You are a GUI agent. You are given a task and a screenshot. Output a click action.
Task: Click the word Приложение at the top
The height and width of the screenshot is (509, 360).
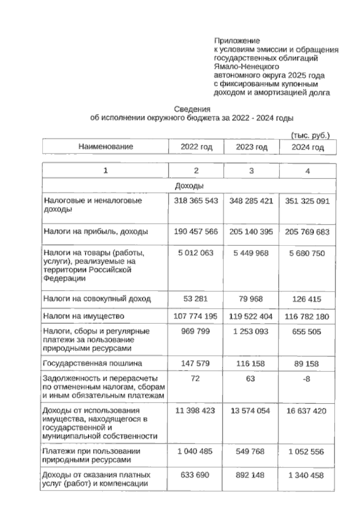pyautogui.click(x=237, y=41)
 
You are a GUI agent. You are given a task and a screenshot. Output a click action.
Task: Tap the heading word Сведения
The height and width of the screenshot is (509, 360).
pyautogui.click(x=192, y=109)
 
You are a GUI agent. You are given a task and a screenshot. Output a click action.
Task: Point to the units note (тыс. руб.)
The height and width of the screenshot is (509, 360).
pyautogui.click(x=310, y=136)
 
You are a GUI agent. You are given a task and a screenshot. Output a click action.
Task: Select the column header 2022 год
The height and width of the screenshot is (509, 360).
pyautogui.click(x=196, y=147)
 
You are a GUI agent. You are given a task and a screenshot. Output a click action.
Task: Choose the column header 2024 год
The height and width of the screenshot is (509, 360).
pyautogui.click(x=307, y=147)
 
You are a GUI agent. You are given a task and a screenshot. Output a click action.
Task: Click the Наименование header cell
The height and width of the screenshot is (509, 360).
pyautogui.click(x=106, y=146)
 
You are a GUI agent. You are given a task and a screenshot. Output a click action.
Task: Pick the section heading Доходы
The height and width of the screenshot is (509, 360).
pyautogui.click(x=189, y=186)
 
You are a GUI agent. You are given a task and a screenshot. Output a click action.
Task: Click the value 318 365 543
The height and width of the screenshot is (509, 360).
pyautogui.click(x=196, y=201)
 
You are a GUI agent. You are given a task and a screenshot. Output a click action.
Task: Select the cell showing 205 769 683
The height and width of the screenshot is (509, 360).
pyautogui.click(x=307, y=232)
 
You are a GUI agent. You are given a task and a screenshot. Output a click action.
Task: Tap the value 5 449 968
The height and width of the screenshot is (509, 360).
pyautogui.click(x=251, y=253)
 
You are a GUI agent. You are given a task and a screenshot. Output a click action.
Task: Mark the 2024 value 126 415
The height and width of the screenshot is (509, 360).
pyautogui.click(x=307, y=299)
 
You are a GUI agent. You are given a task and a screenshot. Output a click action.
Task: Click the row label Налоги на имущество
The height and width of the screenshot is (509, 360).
pyautogui.click(x=84, y=316)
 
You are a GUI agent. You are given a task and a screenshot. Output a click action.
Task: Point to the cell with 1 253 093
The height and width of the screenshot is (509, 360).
pyautogui.click(x=250, y=332)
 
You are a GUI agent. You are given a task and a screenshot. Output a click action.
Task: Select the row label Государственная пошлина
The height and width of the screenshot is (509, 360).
pyautogui.click(x=92, y=363)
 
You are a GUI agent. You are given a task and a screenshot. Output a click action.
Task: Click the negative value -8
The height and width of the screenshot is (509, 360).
pyautogui.click(x=306, y=379)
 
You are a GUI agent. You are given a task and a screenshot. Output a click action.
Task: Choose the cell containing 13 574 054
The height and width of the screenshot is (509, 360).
pyautogui.click(x=250, y=411)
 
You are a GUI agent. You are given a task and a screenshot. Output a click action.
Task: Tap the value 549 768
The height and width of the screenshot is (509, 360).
pyautogui.click(x=250, y=451)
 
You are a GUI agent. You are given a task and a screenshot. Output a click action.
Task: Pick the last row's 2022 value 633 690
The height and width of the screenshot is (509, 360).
pyautogui.click(x=195, y=475)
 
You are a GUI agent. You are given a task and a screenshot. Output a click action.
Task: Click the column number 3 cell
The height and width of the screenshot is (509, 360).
pyautogui.click(x=251, y=171)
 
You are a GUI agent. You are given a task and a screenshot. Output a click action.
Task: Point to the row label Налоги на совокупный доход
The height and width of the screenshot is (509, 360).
pyautogui.click(x=97, y=299)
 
